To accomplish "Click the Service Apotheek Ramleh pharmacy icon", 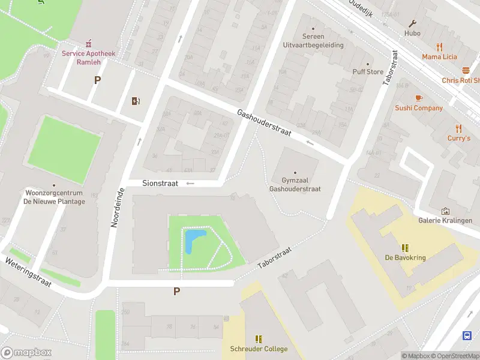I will click(89, 43).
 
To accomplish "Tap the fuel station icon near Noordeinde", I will click(136, 101).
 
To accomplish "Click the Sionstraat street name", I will click(160, 184).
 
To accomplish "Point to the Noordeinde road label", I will click(118, 208).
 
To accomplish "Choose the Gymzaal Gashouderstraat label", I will click(295, 184).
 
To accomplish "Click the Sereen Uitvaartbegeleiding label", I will click(313, 41).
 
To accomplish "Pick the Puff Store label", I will click(368, 71).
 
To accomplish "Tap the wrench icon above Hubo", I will click(413, 24).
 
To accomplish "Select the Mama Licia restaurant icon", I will click(439, 47).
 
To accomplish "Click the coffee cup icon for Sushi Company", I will click(419, 98).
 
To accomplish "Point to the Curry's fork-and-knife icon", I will click(459, 128).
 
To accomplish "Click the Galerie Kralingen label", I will click(445, 220).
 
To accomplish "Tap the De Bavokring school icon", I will click(406, 248).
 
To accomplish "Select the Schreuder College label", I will click(259, 349).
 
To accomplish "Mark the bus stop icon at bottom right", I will click(467, 335).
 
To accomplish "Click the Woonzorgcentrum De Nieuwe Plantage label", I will click(54, 197).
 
